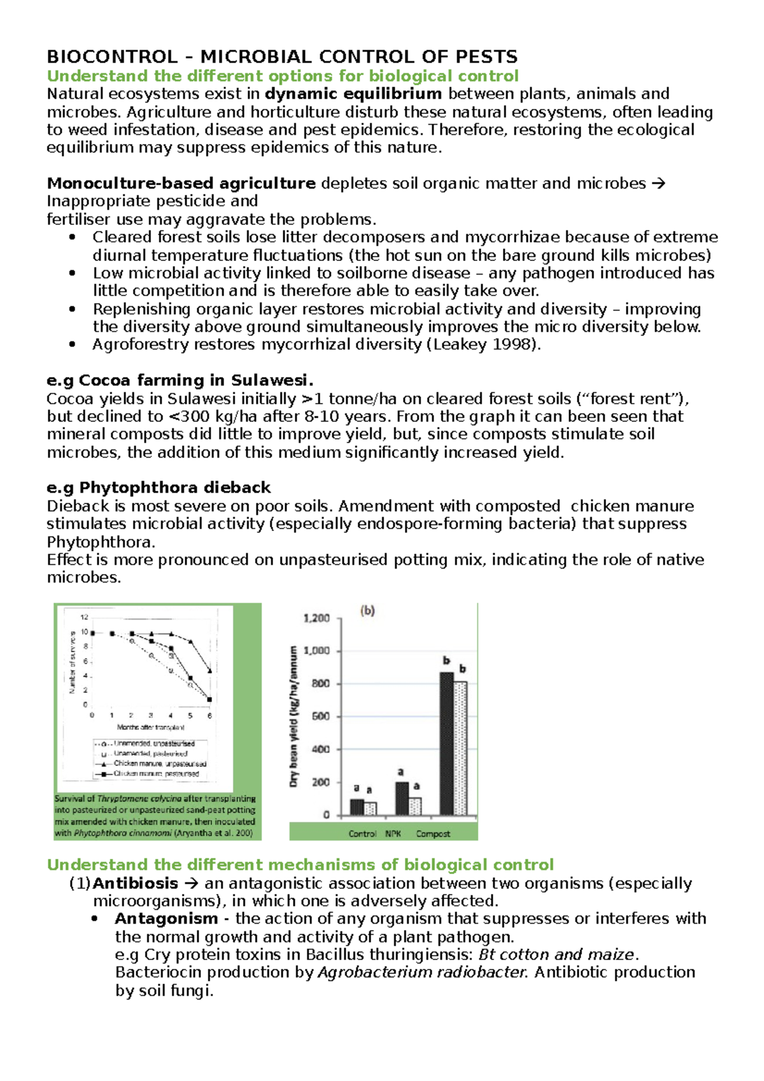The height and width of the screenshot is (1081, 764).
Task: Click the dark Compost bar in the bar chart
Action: coord(446,744)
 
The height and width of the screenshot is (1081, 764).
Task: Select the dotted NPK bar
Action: coord(415,806)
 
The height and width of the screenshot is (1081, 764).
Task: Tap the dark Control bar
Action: coord(357,807)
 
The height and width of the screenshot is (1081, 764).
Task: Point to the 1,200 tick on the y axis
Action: coord(316,618)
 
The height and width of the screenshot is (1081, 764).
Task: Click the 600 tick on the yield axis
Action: coord(320,716)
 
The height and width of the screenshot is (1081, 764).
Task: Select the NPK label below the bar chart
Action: coord(393,833)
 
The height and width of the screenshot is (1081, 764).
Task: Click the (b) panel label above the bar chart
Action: coord(368,611)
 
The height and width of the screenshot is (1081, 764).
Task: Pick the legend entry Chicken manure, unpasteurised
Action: coord(159,763)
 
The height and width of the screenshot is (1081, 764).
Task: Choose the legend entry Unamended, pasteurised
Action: coord(150,753)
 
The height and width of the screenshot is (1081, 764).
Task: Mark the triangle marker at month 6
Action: coord(210,670)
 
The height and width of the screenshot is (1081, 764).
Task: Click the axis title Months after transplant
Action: coord(151,727)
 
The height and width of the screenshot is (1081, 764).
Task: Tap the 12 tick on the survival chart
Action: coord(84,617)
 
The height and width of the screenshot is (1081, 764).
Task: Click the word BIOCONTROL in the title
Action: coord(112,57)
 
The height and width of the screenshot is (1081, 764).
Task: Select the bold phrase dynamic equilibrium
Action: coord(353,94)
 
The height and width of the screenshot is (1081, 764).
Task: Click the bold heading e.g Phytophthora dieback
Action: coord(159,488)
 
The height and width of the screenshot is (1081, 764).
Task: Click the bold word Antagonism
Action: coord(166,919)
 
